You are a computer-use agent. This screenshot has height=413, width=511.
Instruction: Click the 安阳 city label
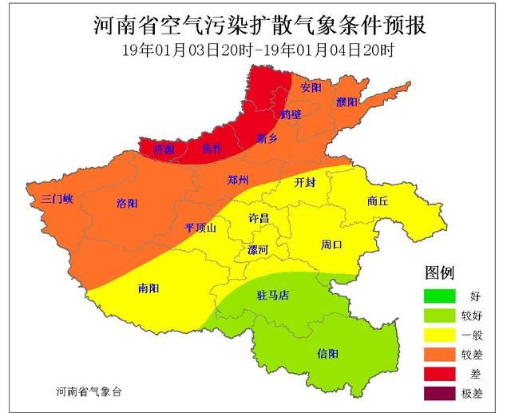click(x=311, y=86)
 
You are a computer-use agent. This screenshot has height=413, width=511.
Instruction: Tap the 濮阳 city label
click(x=347, y=102)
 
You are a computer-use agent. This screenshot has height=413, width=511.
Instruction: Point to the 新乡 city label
click(x=267, y=137)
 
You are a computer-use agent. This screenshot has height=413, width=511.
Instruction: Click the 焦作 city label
click(x=213, y=148)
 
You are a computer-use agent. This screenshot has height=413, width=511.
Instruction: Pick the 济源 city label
click(x=164, y=149)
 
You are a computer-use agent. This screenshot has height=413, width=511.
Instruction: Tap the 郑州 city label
click(x=239, y=179)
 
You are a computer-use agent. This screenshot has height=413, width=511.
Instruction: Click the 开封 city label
click(x=305, y=182)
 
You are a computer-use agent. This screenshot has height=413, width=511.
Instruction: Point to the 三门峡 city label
click(x=53, y=198)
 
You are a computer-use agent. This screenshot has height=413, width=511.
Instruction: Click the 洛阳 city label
click(x=128, y=202)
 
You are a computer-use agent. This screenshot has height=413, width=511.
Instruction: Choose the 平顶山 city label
click(x=200, y=228)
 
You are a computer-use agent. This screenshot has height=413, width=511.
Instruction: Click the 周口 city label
click(x=331, y=244)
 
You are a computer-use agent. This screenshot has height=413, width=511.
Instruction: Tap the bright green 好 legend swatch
click(x=439, y=296)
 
